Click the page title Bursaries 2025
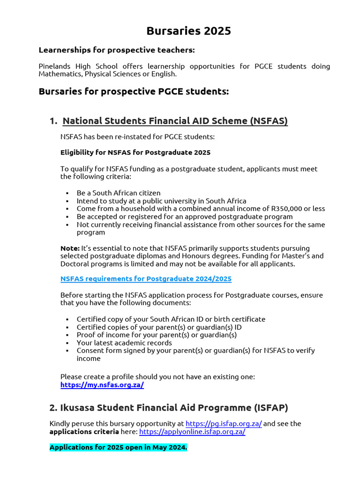pyautogui.click(x=188, y=31)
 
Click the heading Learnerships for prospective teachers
pyautogui.click(x=116, y=50)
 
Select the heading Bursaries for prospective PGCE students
pyautogui.click(x=134, y=91)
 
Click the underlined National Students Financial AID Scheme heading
pyautogui.click(x=175, y=121)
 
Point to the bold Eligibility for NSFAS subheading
pyautogui.click(x=135, y=152)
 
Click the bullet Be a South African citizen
pyautogui.click(x=119, y=193)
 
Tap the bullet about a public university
pyautogui.click(x=161, y=201)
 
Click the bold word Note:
pyautogui.click(x=70, y=248)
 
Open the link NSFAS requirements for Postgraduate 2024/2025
pyautogui.click(x=146, y=278)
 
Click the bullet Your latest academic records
pyautogui.click(x=124, y=343)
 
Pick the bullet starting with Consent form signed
pyautogui.click(x=195, y=351)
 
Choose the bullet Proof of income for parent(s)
pyautogui.click(x=157, y=335)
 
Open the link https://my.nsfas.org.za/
pyautogui.click(x=102, y=385)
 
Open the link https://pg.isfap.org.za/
pyautogui.click(x=224, y=423)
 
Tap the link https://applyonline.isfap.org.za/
pyautogui.click(x=192, y=431)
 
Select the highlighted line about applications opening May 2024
pyautogui.click(x=118, y=447)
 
